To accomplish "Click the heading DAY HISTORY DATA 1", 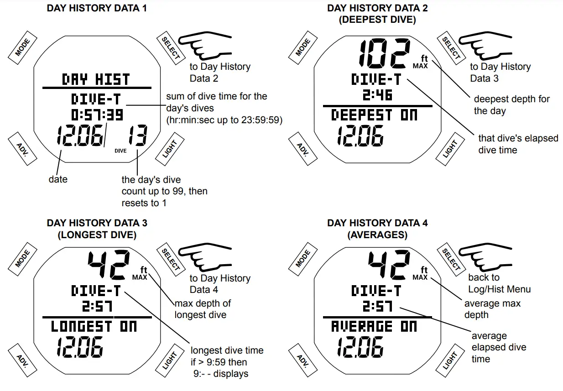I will pyautogui.click(x=97, y=8).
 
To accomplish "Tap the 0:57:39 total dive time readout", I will pyautogui.click(x=97, y=114).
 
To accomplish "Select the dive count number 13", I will pyautogui.click(x=137, y=136).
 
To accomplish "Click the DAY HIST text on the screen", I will pyautogui.click(x=96, y=79).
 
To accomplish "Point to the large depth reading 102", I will pyautogui.click(x=382, y=53).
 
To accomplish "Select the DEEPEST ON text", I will pyautogui.click(x=374, y=115).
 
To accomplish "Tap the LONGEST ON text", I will pyautogui.click(x=94, y=326).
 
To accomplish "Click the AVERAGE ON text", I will pyautogui.click(x=374, y=326).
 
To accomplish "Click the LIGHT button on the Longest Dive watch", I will pyautogui.click(x=170, y=361).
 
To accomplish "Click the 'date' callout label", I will pyautogui.click(x=58, y=179).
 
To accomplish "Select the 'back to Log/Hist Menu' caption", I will pyautogui.click(x=499, y=283).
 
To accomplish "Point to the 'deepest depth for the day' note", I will pyautogui.click(x=511, y=104).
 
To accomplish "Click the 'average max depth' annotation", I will pyautogui.click(x=492, y=309).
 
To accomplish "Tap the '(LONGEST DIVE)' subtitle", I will pyautogui.click(x=97, y=235).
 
